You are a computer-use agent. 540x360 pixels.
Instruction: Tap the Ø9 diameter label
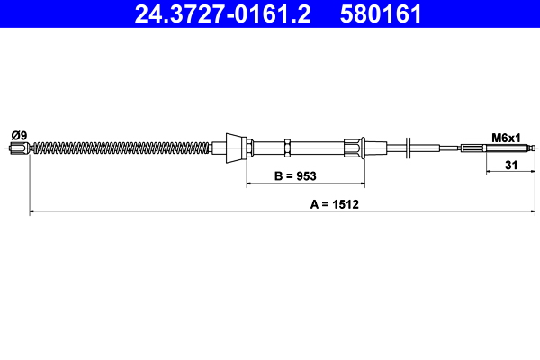[18, 136]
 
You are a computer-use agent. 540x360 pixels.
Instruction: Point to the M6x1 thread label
[507, 137]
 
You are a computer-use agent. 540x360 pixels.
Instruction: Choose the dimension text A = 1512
[335, 204]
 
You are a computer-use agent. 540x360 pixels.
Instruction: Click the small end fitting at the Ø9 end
[19, 148]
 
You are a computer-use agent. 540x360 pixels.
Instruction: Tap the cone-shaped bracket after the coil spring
[235, 148]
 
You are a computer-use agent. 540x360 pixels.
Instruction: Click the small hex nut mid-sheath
[286, 148]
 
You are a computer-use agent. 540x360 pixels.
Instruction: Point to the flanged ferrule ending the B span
[353, 148]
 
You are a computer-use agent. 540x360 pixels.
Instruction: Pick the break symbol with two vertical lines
[409, 148]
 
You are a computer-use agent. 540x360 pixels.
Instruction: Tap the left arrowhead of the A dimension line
[33, 212]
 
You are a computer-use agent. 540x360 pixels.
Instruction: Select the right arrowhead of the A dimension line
[535, 212]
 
